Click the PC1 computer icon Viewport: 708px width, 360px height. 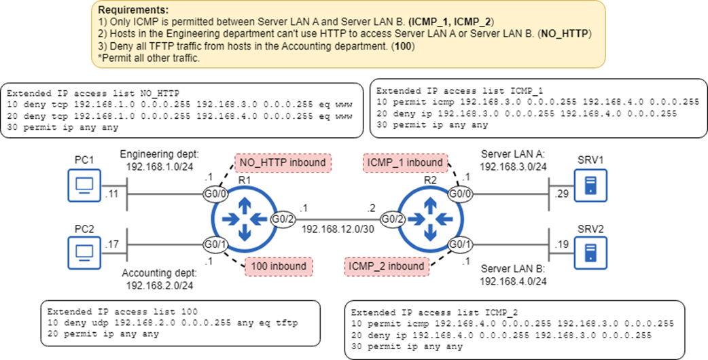tap(84, 186)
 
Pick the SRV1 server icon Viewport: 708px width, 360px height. tap(590, 186)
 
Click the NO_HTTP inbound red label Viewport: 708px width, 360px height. tap(283, 163)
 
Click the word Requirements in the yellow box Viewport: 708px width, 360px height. tap(133, 11)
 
